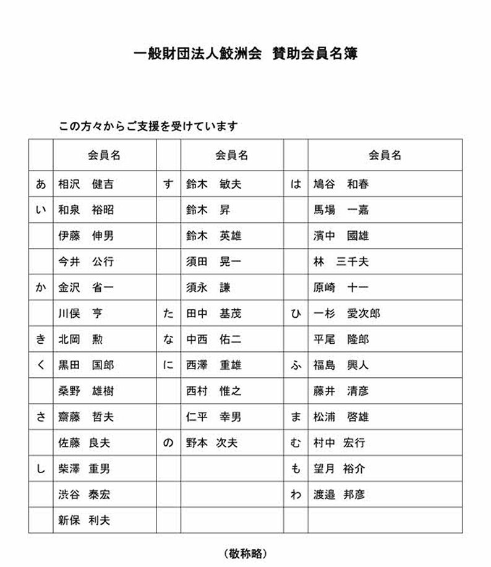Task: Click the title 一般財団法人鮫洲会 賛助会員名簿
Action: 246,54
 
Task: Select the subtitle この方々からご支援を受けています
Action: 148,126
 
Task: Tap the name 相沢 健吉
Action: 86,184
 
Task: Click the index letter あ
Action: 40,184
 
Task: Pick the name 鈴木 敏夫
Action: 213,184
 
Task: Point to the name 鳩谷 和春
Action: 341,184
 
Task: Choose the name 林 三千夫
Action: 341,262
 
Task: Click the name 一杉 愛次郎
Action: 347,313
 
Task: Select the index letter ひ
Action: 296,313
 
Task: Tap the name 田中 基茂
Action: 213,313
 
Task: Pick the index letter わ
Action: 296,495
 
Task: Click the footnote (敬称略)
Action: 246,553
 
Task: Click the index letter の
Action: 168,443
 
